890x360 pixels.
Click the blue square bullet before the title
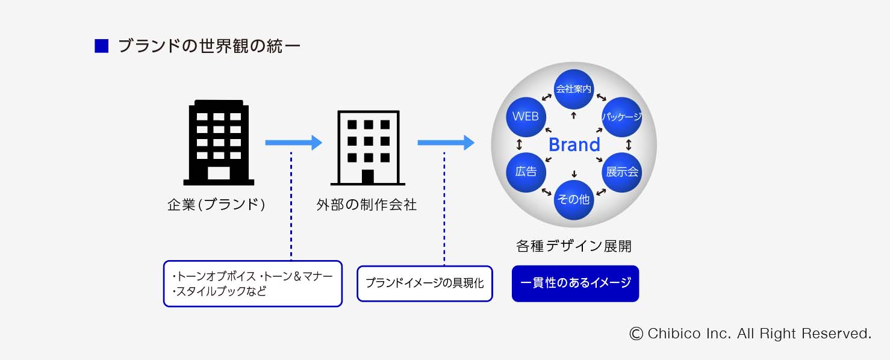click(101, 46)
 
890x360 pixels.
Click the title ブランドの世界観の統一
click(209, 46)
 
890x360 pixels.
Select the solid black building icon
click(219, 143)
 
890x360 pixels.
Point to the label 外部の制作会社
click(367, 205)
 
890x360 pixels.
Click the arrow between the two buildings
click(293, 143)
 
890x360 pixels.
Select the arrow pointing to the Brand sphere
click(446, 143)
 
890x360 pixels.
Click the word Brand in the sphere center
click(574, 145)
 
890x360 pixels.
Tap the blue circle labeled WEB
click(526, 117)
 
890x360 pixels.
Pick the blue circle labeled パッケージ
click(622, 117)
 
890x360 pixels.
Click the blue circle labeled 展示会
click(622, 172)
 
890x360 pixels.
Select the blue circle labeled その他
click(574, 200)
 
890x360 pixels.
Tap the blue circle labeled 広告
click(526, 172)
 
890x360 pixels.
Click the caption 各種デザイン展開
click(574, 246)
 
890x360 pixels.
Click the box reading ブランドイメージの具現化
click(425, 284)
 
